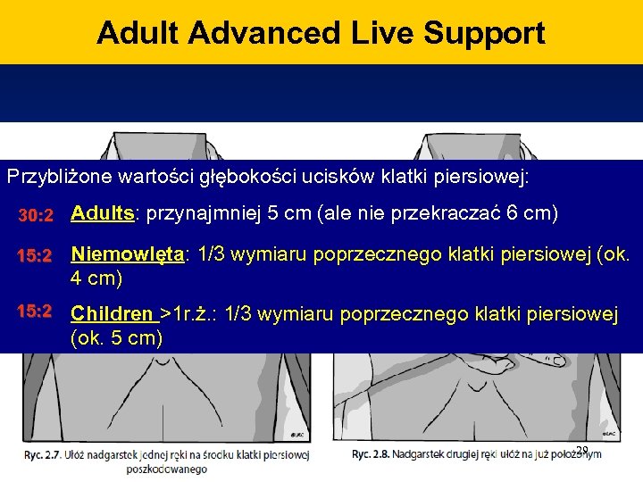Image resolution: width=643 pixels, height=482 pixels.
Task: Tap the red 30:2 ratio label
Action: coord(38,216)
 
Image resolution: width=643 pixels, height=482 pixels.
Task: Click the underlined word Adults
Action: coord(103,214)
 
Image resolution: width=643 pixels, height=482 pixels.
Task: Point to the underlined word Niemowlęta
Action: coord(127,255)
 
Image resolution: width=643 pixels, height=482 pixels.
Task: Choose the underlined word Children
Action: coord(112,314)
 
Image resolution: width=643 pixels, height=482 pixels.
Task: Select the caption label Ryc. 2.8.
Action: coord(371,454)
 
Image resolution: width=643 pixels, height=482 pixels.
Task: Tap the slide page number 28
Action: coord(582,450)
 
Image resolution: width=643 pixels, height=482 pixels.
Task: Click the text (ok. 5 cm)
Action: coord(117,338)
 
